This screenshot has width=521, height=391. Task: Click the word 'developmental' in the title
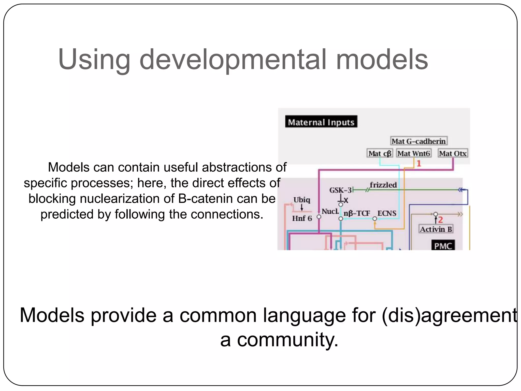point(233,60)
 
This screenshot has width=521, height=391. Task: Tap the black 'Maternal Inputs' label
point(321,122)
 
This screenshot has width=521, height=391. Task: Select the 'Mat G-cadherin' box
point(418,141)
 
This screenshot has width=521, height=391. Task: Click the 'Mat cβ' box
point(380,153)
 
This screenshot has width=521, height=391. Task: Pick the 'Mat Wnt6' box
point(414,153)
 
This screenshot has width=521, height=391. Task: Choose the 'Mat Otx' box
point(453,153)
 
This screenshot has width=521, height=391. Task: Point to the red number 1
point(419,163)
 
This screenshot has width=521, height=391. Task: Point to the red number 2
point(440,219)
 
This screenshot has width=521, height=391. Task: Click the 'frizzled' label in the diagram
point(383,185)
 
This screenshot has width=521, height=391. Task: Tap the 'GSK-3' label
point(340,190)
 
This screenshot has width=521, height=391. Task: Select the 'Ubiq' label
point(302,200)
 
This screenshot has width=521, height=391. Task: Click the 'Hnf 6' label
point(302,218)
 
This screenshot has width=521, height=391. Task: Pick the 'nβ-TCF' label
point(357,213)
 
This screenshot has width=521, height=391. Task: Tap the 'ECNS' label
point(387,213)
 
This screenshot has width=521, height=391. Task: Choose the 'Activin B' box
point(436,229)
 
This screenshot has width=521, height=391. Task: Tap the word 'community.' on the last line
point(288,340)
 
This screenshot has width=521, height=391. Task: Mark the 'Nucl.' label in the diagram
point(330,212)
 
